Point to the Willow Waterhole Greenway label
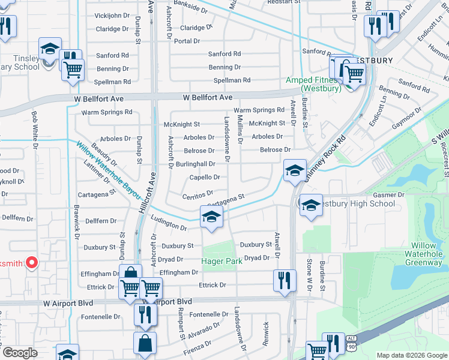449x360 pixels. click(x=427, y=254)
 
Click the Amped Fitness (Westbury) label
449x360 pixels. click(x=310, y=84)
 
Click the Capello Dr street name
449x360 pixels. click(x=204, y=177)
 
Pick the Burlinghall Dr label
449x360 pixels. click(x=195, y=164)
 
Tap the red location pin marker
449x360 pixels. click(x=32, y=263)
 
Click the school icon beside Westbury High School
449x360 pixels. click(x=310, y=205)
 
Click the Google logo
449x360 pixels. click(x=20, y=353)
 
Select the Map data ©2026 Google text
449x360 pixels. click(x=412, y=355)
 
